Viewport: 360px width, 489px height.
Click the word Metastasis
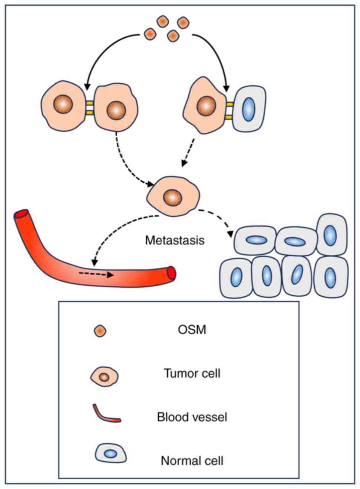pyautogui.click(x=175, y=240)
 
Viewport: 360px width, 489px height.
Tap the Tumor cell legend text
pyautogui.click(x=192, y=373)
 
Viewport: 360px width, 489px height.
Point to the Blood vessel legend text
pyautogui.click(x=192, y=417)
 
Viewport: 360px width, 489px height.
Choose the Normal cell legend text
pyautogui.click(x=192, y=461)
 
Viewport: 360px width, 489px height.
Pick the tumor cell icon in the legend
pyautogui.click(x=104, y=377)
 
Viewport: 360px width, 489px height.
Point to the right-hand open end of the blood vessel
pyautogui.click(x=171, y=273)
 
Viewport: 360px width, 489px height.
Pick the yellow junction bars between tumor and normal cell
pyautogui.click(x=229, y=110)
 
